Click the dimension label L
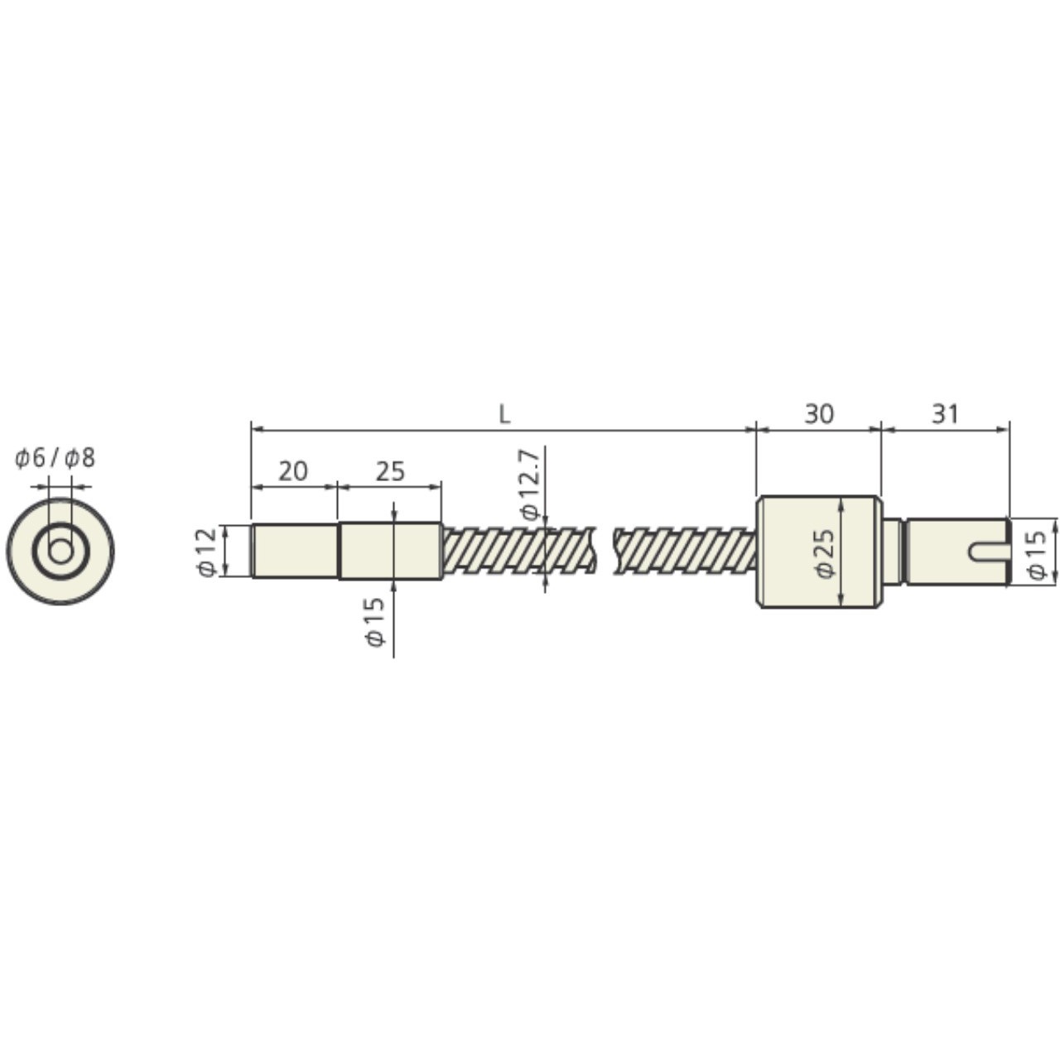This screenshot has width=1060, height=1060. (503, 414)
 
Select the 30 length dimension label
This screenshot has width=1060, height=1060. (819, 414)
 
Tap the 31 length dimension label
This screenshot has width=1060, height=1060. (945, 414)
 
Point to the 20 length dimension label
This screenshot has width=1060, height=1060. (292, 471)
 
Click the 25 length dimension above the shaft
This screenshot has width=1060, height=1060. (390, 471)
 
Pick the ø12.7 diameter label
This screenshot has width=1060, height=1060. (530, 484)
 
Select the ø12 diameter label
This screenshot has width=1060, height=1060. (208, 552)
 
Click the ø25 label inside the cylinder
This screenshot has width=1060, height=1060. (825, 553)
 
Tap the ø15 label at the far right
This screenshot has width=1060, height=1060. (1037, 555)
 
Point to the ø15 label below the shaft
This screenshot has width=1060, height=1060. (375, 622)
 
